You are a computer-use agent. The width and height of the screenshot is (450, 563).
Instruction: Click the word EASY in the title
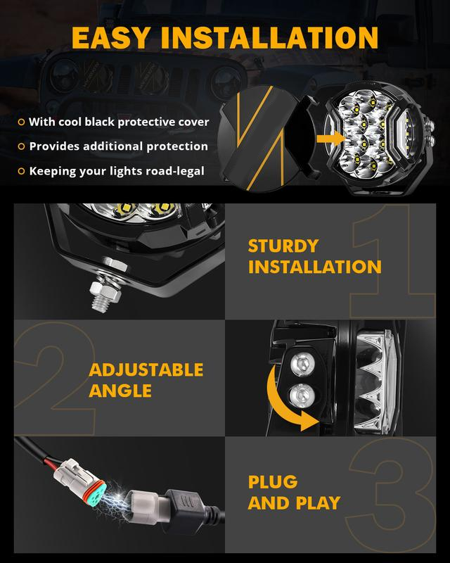[x=110, y=38]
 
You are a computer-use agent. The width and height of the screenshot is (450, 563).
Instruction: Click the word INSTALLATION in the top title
[x=269, y=38]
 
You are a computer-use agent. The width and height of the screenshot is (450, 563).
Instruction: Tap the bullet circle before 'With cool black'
[x=21, y=122]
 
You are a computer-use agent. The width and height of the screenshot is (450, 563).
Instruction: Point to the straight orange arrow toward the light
[x=330, y=139]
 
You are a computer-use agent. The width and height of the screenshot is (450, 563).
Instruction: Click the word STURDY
[x=283, y=246]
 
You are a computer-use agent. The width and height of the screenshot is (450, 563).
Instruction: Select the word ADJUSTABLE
[x=146, y=370]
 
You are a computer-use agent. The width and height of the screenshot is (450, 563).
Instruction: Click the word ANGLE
[x=120, y=391]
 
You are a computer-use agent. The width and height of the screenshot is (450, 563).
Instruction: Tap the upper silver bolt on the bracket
[x=302, y=364]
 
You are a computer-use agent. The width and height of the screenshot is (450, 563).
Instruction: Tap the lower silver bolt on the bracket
[x=302, y=396]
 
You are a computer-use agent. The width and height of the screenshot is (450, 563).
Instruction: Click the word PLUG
[x=273, y=482]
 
